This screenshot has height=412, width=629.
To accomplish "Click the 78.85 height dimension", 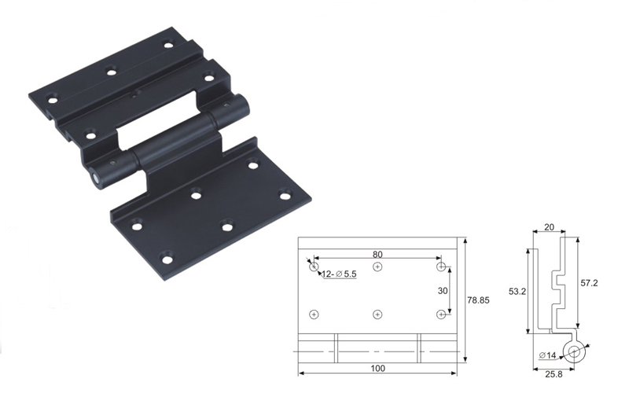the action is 478,300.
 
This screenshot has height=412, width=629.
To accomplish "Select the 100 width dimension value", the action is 378,368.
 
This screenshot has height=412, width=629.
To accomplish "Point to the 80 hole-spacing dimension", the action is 377,254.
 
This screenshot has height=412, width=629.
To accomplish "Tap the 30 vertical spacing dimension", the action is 443,290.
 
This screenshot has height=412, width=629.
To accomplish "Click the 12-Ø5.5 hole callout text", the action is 339,274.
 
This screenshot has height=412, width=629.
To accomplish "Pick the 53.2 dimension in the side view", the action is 517,292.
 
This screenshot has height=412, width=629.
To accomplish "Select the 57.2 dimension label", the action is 589,283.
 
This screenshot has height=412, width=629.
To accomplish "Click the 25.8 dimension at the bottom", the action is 554,374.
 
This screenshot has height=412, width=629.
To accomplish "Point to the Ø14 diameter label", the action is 547,355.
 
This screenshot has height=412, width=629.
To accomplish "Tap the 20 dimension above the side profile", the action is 549,227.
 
